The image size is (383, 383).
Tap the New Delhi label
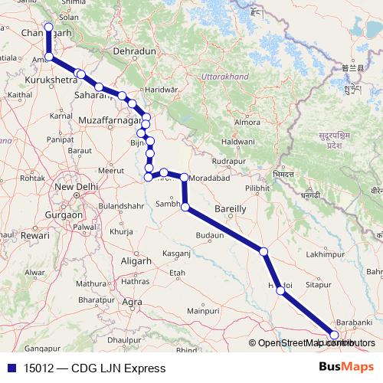pos(74,187)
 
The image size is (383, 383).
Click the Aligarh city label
pos(126,260)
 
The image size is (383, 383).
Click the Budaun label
pos(210,236)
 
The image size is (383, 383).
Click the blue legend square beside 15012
pos(9,367)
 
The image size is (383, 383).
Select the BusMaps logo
pos(346,366)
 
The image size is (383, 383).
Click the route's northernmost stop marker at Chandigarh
pos(48,28)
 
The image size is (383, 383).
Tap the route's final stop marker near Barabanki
pos(334,334)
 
